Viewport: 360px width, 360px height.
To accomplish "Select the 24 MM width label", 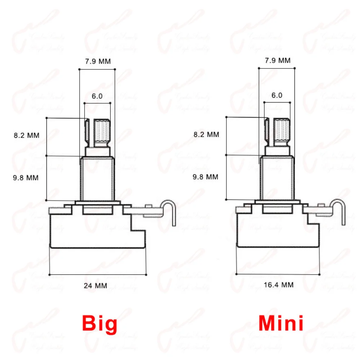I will tap(95, 286).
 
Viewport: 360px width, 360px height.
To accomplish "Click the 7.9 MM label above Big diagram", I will tap(98, 61).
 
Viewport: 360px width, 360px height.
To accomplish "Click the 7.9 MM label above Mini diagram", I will tap(278, 60).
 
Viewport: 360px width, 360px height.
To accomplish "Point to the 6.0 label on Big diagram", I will tap(97, 96).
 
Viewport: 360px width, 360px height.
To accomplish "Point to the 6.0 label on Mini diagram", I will tap(277, 95).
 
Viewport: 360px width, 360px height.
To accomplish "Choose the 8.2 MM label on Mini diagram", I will tap(206, 134).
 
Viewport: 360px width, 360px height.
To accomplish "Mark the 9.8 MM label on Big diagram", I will tap(26, 177).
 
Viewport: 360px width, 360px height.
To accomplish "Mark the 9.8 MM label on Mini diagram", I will tap(206, 177).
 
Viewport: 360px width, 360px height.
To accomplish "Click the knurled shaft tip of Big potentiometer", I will tap(102, 132).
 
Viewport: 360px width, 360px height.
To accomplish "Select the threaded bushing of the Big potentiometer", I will tap(97, 178).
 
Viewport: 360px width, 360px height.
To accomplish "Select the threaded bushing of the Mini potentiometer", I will tap(277, 177).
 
